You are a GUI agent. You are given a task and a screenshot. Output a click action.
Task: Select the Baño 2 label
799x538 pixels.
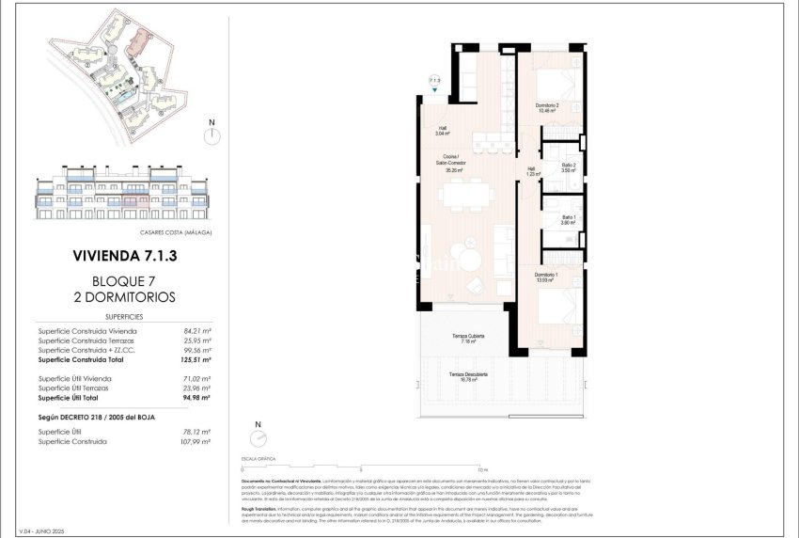point(568,168)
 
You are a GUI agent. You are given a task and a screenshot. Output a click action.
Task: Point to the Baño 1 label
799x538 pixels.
point(568,219)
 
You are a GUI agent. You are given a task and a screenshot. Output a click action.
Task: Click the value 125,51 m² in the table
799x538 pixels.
point(195,359)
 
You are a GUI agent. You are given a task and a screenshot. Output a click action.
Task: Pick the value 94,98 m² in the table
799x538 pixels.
point(195,398)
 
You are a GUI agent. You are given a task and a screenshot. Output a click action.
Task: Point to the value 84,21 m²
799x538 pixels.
point(196,331)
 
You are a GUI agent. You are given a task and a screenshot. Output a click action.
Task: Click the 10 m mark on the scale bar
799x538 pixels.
point(480,468)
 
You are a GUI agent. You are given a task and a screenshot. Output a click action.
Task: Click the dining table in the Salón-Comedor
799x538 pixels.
point(467,198)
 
